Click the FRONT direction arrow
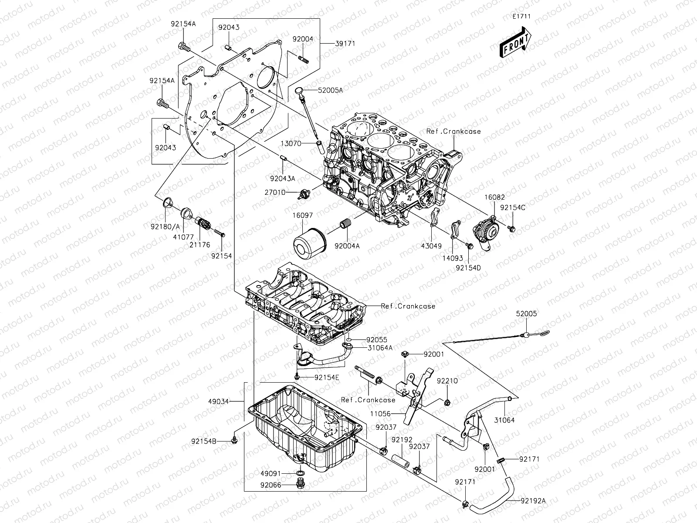coord(516,43)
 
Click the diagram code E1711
coord(521,17)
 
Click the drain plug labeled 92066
coord(300,485)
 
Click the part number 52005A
coord(330,91)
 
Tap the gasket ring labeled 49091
coord(300,473)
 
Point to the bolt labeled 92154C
coord(512,228)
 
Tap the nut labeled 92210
coord(447,401)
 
